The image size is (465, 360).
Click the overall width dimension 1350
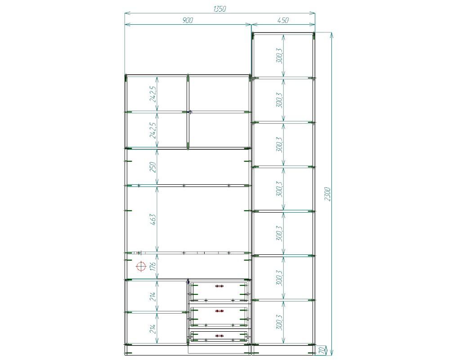(219, 9)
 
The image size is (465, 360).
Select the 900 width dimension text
(188, 20)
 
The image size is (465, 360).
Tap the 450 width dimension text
(283, 20)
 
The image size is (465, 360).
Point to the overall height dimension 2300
(327, 194)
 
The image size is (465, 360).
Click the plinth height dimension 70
(322, 351)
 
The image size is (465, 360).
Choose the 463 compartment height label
(153, 220)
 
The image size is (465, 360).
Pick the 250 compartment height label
(153, 167)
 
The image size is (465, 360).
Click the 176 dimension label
(153, 266)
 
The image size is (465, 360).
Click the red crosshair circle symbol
(141, 267)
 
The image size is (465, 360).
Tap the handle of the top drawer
(219, 286)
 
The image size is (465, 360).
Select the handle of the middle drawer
(219, 311)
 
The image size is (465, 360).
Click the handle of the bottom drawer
(219, 336)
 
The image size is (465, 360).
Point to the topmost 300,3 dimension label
(280, 56)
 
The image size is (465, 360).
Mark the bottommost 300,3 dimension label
(280, 322)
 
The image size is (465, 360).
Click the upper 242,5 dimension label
(153, 94)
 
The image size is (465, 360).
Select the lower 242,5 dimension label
(153, 130)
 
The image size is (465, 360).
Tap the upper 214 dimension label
(153, 296)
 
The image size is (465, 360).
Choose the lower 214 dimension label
(153, 328)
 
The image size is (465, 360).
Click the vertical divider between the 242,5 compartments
(188, 112)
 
